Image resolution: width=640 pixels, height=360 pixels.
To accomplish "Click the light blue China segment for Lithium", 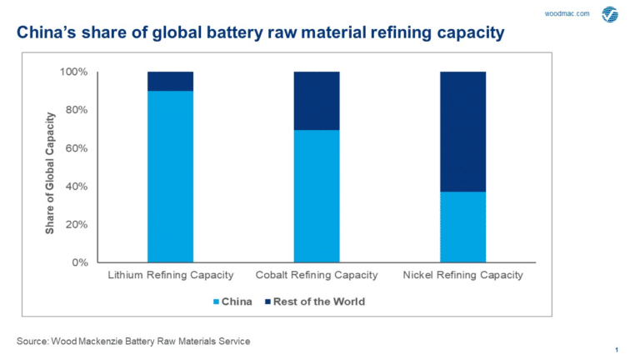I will click(170, 176).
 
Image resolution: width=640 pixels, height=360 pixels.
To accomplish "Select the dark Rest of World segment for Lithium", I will click(170, 81).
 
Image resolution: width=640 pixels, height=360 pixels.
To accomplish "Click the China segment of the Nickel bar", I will click(462, 227).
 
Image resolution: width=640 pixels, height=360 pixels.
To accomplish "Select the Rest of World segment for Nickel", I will click(462, 132).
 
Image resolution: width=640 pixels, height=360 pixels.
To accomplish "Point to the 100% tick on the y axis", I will click(73, 72).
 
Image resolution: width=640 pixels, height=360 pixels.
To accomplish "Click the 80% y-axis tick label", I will click(76, 110).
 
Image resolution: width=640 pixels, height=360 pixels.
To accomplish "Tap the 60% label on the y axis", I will click(76, 148).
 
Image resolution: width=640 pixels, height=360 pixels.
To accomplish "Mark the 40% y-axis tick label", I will click(76, 187).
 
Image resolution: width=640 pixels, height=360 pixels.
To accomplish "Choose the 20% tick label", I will click(76, 224).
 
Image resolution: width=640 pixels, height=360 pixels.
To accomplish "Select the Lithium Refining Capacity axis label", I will click(169, 275).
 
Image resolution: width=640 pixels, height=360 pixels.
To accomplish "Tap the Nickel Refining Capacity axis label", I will click(462, 275).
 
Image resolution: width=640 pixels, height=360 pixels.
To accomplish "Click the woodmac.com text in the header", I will click(567, 14).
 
